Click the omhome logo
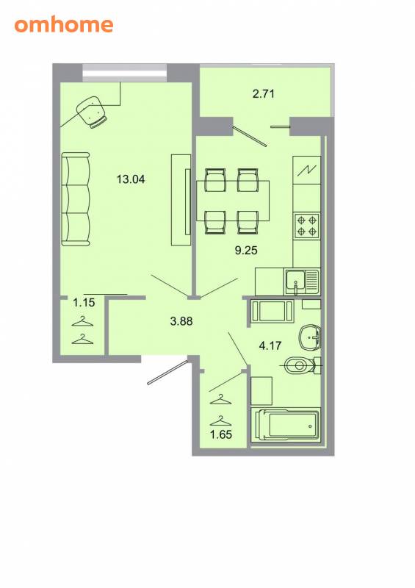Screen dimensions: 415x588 pyautogui.click(x=64, y=24)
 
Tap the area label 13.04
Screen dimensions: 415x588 pyautogui.click(x=131, y=179)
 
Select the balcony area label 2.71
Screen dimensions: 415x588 pyautogui.click(x=264, y=93)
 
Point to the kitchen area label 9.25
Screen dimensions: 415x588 pyautogui.click(x=246, y=250)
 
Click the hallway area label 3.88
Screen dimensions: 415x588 pyautogui.click(x=181, y=321)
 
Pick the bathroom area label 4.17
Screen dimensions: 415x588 pyautogui.click(x=270, y=345)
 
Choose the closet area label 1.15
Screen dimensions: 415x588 pyautogui.click(x=84, y=302)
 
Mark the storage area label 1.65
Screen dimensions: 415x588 pyautogui.click(x=221, y=434)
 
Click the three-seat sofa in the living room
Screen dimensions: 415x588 pyautogui.click(x=76, y=198)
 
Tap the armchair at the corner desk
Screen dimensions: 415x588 pyautogui.click(x=92, y=112)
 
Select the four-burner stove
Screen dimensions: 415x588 pyautogui.click(x=307, y=226)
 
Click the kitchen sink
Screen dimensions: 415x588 pyautogui.click(x=303, y=282)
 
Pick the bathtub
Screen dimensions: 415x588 pyautogui.click(x=286, y=426)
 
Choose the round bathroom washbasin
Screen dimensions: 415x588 pyautogui.click(x=310, y=337)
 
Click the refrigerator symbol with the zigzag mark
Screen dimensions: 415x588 pyautogui.click(x=306, y=171)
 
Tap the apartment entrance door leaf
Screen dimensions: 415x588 pyautogui.click(x=167, y=373)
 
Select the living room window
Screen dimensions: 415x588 pyautogui.click(x=124, y=73)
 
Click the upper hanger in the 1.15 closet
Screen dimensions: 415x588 pyautogui.click(x=82, y=322)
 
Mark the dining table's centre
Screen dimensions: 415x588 pyautogui.click(x=233, y=201)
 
